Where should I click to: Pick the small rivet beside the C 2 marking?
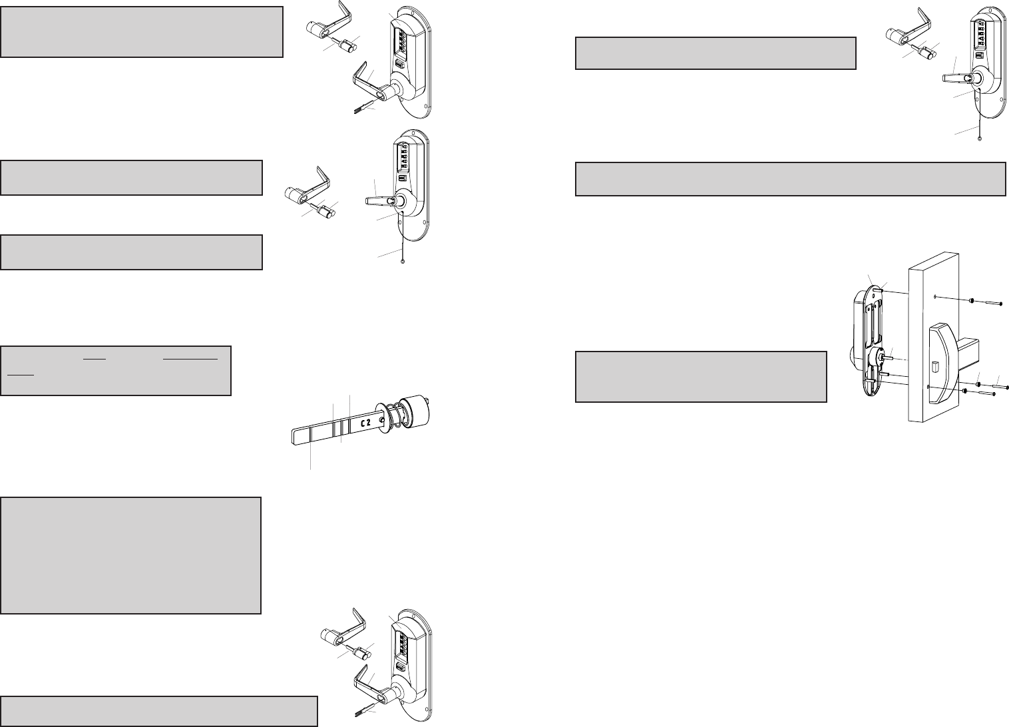click(381, 419)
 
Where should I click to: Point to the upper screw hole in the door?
click(935, 297)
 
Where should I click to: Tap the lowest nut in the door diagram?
click(964, 391)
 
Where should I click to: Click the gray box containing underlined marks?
click(116, 370)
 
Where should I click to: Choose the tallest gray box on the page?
click(130, 555)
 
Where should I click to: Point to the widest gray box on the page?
click(790, 178)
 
